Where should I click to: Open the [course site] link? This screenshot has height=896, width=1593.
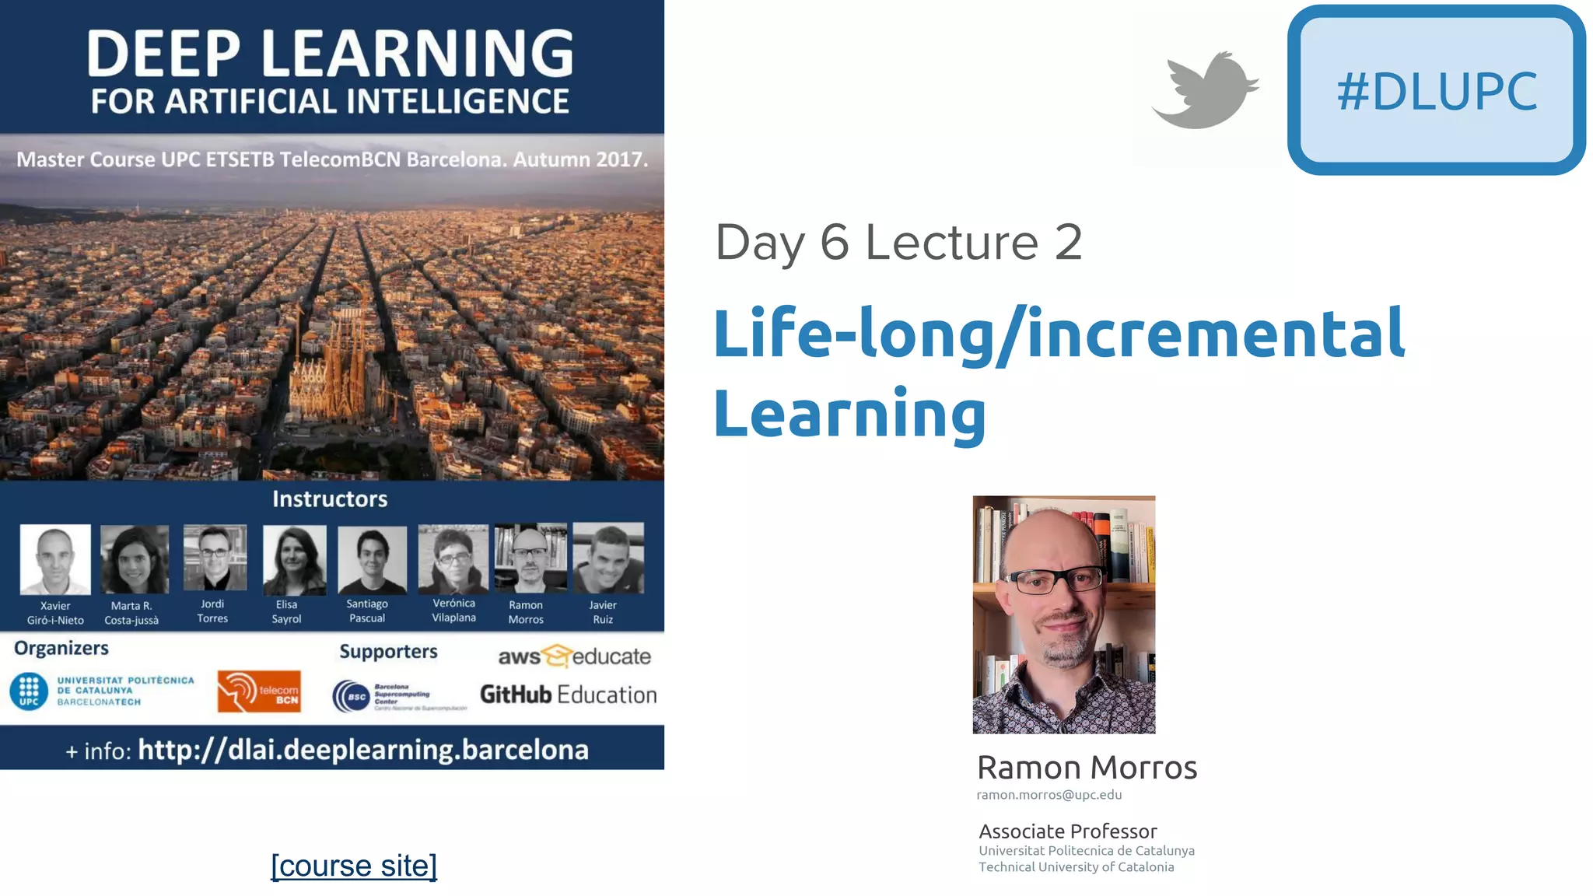(x=354, y=866)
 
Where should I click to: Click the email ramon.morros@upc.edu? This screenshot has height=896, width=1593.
(x=1049, y=795)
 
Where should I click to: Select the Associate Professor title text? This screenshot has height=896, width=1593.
(x=1067, y=831)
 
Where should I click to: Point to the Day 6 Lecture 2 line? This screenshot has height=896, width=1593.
(x=898, y=242)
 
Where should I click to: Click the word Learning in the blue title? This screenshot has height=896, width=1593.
(x=849, y=413)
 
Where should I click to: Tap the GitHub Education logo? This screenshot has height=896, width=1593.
(x=568, y=695)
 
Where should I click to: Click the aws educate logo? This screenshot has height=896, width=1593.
(x=574, y=656)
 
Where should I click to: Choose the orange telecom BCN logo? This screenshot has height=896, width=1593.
(x=259, y=691)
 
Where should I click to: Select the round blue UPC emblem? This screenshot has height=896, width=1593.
(x=29, y=691)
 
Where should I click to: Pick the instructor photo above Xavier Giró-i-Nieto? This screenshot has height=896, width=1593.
(x=55, y=559)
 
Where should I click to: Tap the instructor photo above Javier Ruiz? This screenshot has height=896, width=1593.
(x=607, y=558)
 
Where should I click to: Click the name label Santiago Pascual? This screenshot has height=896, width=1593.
(x=367, y=611)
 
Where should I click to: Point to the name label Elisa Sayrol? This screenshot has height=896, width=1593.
(x=286, y=611)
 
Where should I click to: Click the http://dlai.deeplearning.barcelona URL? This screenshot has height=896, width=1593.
(x=362, y=750)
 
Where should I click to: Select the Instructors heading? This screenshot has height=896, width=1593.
(x=330, y=499)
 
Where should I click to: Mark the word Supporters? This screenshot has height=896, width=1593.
(x=388, y=652)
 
